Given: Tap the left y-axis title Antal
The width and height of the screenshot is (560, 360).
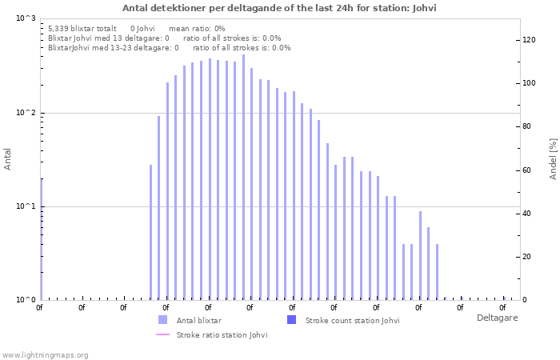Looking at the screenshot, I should coord(8,159).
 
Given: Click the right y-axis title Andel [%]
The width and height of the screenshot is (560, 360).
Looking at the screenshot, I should coord(552,159).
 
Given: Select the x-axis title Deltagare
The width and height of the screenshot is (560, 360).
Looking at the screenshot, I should coord(497,318).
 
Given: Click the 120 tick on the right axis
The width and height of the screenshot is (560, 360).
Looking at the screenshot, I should coord(528,40).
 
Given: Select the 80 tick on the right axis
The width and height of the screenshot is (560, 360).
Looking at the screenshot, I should coord(526,126).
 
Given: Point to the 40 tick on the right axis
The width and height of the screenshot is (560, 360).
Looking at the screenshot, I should coord(526,214).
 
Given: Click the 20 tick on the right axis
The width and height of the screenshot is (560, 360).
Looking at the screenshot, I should coord(526,257).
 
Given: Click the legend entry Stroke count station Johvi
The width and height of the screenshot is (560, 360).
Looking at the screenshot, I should coord(352,320).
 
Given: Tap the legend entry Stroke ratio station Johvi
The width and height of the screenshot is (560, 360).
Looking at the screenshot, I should coord(222,334).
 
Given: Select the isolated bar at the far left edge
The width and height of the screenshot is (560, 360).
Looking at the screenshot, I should coord(41,240).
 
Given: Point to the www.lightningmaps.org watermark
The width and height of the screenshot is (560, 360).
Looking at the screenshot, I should coord(46,354).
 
